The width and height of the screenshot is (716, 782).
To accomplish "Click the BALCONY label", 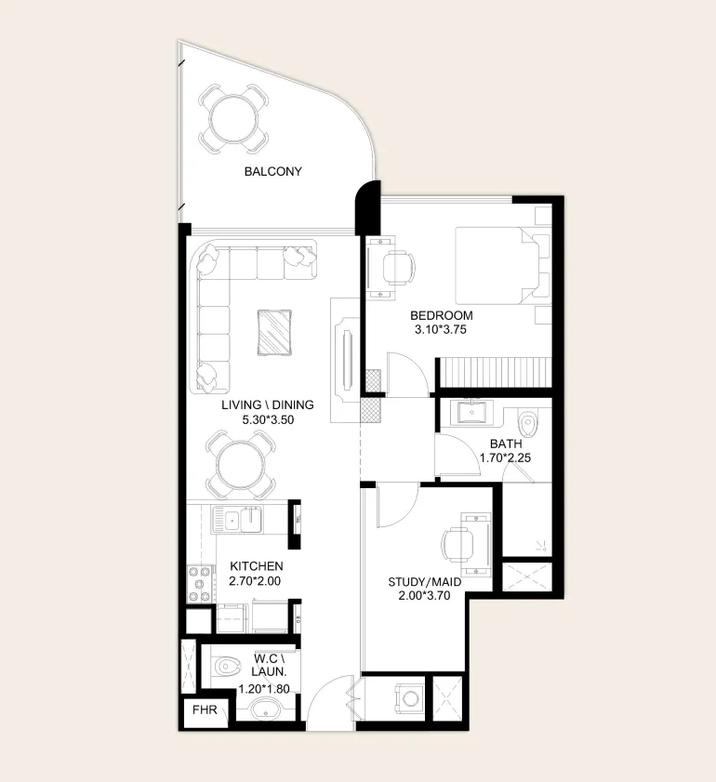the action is pos(272,172).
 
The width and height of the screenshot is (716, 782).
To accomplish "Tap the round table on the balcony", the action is pos(233,119).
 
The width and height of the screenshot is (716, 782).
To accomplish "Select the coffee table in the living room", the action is pos(274,333).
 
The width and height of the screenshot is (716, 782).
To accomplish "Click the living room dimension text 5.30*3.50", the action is pos(268,420).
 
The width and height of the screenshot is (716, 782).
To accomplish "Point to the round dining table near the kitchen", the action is pos(241,465).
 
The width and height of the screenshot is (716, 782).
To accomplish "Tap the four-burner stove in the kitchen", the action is pos(199,584).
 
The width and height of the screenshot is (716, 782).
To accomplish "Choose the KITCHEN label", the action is pos(257,566).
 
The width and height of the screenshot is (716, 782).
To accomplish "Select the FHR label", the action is pos(205,709).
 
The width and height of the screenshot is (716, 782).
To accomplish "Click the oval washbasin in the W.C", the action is pos(264,709).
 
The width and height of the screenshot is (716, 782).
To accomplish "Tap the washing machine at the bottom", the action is pos(409,698).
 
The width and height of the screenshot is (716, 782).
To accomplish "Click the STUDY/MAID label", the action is pos(424,582).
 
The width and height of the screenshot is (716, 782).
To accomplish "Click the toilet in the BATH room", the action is pos(527,423).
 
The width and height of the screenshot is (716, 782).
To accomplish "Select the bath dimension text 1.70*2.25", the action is pos(505,457).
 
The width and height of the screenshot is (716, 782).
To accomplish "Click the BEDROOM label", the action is pos(442,316).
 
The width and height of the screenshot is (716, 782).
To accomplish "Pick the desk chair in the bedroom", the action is pos(399,269).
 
